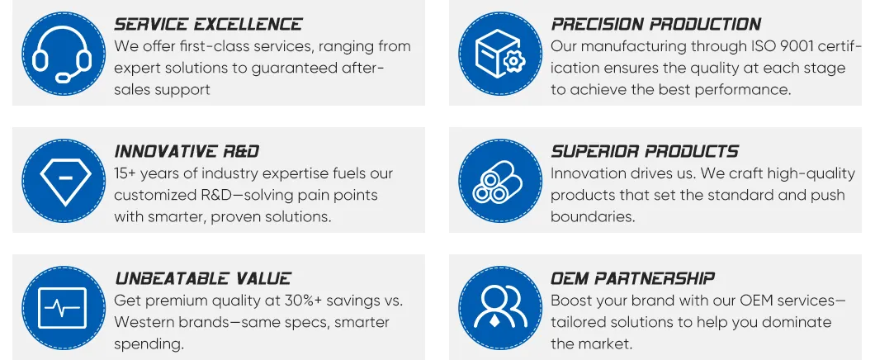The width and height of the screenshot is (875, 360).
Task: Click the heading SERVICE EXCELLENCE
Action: click(x=208, y=25)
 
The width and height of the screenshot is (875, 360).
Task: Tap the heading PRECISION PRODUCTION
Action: click(x=655, y=25)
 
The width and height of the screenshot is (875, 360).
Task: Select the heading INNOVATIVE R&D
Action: click(x=187, y=152)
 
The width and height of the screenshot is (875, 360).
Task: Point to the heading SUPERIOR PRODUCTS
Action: click(x=644, y=152)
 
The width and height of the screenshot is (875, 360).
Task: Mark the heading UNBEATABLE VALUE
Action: click(x=202, y=279)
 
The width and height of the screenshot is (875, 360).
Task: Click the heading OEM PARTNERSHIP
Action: click(x=632, y=279)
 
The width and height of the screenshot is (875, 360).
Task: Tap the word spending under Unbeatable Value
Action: click(x=149, y=344)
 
